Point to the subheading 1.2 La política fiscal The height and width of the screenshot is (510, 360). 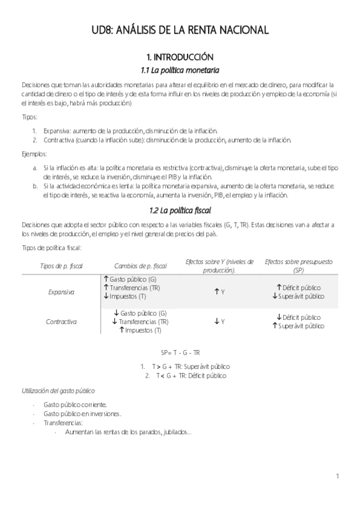click(180, 210)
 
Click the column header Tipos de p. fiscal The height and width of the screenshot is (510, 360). click(61, 266)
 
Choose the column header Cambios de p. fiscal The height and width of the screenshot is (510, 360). click(140, 266)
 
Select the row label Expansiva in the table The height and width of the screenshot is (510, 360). click(61, 292)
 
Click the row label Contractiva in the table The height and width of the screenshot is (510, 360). click(61, 322)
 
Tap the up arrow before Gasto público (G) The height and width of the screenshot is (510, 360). click(106, 279)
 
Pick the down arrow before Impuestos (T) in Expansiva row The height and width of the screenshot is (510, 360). click(106, 296)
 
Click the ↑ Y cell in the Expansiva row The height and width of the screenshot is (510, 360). click(219, 292)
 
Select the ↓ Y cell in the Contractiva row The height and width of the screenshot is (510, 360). click(219, 322)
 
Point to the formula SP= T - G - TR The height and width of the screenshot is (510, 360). click(180, 352)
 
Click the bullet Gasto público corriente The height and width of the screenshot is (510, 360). click(75, 405)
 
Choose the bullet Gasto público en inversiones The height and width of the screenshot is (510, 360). click(82, 414)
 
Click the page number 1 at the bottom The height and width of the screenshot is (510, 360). click(338, 477)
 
